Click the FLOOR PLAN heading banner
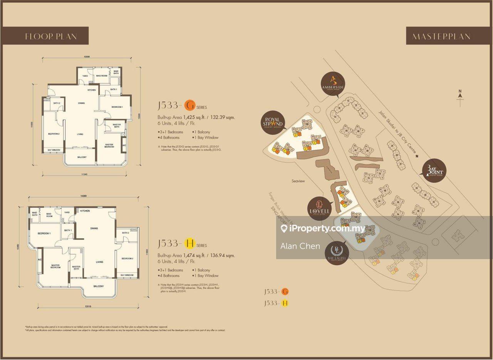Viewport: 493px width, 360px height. click(x=51, y=36)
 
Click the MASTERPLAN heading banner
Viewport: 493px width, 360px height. click(x=441, y=37)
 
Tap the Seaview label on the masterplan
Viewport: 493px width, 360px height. click(x=298, y=181)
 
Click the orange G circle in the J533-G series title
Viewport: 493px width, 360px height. click(x=190, y=105)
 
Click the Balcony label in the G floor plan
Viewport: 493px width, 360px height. click(x=82, y=157)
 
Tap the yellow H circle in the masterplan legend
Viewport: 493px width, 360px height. click(x=285, y=303)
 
